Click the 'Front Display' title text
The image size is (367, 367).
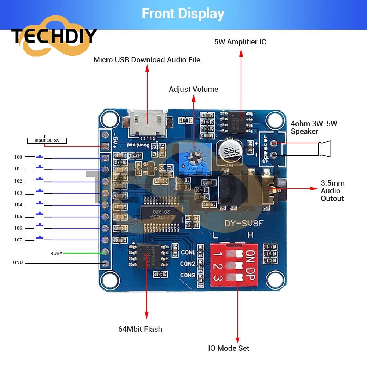[183, 14]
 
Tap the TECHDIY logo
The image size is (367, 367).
[54, 36]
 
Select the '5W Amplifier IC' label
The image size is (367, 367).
[240, 42]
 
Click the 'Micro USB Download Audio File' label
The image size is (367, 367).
[147, 59]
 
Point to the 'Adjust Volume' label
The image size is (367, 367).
[193, 89]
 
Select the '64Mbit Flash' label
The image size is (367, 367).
[140, 329]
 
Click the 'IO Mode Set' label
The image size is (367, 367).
[229, 348]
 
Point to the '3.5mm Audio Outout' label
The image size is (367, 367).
[332, 190]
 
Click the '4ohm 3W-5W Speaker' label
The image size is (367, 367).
[314, 127]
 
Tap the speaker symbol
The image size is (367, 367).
[324, 149]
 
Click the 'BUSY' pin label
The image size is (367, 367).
[56, 253]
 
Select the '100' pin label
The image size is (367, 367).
[18, 157]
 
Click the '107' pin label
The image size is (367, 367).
[18, 240]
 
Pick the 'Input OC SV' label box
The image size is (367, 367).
[47, 141]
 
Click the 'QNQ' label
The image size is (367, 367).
[18, 262]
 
